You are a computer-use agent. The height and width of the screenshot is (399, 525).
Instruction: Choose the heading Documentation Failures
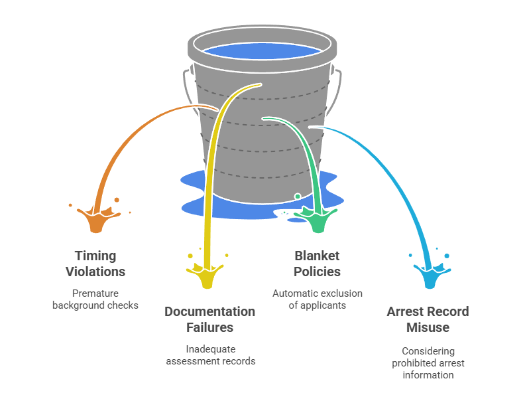pyautogui.click(x=209, y=319)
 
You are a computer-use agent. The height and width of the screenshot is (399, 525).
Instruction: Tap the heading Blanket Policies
pyautogui.click(x=317, y=264)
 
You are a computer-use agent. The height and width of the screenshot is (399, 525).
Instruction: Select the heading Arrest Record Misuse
pyautogui.click(x=428, y=319)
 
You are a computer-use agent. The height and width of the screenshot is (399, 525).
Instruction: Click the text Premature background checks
pyautogui.click(x=95, y=299)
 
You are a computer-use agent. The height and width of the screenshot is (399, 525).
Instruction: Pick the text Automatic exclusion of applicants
pyautogui.click(x=318, y=299)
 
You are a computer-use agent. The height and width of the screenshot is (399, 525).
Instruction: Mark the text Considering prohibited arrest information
pyautogui.click(x=428, y=362)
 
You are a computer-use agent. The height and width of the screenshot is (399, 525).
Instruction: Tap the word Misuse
pyautogui.click(x=428, y=327)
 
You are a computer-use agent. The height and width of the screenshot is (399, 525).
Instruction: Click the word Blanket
pyautogui.click(x=317, y=256)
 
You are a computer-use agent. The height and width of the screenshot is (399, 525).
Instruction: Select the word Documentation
pyautogui.click(x=209, y=311)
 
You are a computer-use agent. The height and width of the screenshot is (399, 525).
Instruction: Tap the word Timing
pyautogui.click(x=95, y=256)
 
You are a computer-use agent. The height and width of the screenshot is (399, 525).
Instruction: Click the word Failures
pyautogui.click(x=209, y=327)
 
